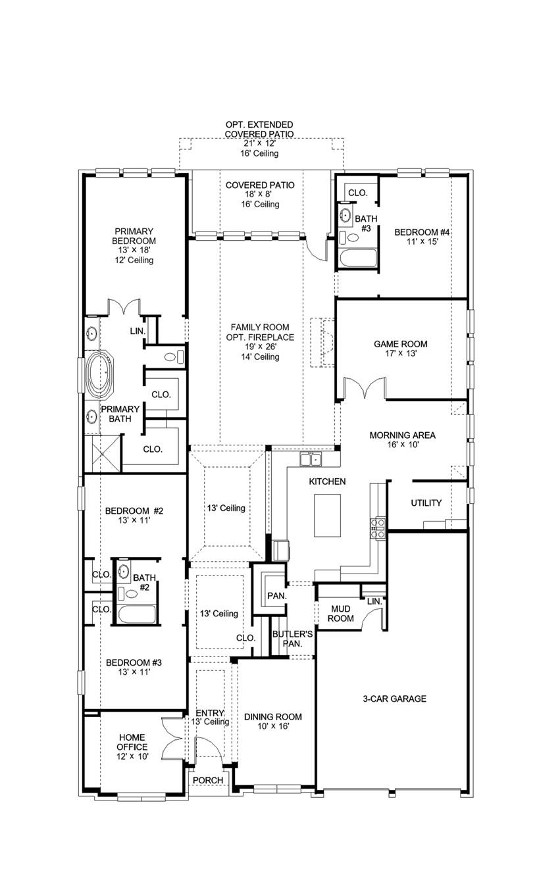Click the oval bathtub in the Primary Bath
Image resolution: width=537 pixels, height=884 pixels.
100,374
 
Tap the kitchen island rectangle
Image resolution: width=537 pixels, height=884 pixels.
327,515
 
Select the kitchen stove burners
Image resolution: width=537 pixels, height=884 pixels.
378,528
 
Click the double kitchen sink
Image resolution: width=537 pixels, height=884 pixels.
311,460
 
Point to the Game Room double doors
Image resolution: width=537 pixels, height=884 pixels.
365,387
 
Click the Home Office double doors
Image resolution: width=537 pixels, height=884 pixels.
172,737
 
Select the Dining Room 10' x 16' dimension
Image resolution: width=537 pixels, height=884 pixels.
273,726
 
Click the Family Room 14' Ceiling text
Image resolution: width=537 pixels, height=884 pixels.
260,356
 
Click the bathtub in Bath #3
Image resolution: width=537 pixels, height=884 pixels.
358,258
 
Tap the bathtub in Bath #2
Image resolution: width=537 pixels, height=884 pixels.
137,614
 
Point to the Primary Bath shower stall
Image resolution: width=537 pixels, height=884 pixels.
102,453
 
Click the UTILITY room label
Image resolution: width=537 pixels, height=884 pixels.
426,503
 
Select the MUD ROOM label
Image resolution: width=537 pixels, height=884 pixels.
340,614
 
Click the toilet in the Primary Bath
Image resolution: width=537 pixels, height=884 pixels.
174,357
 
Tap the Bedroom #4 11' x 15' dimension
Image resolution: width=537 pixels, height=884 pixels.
422,241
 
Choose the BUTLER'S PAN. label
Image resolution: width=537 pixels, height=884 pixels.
292,639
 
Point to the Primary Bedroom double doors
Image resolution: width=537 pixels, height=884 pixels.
124,307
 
